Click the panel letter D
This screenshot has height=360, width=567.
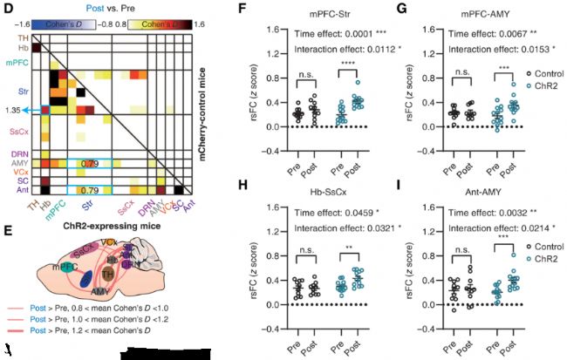(8, 8)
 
